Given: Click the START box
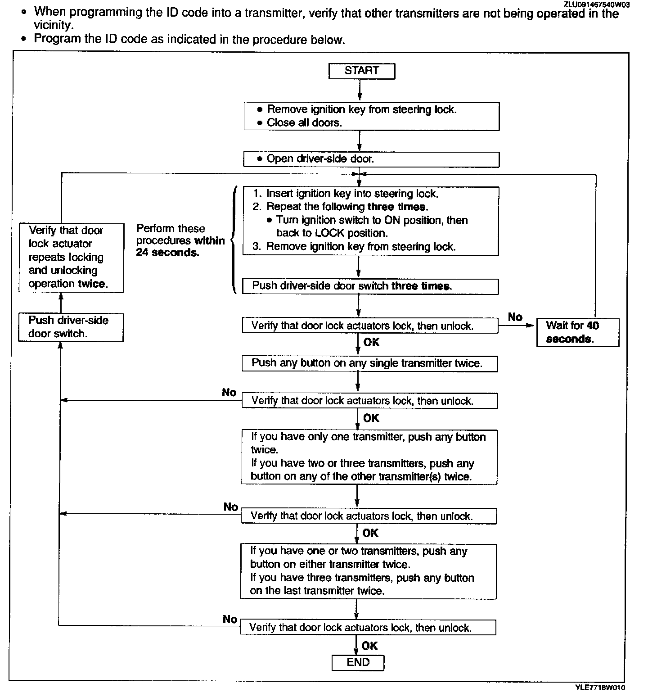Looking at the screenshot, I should coord(361,71).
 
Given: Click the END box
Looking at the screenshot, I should coord(358,662).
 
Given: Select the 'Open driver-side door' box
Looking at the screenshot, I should coord(371,159).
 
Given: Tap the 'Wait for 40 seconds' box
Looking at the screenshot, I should coord(577,332).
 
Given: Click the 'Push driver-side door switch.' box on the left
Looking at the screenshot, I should coord(71,327).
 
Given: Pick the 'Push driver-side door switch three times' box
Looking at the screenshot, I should coord(370,286).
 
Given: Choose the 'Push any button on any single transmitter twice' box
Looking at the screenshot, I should coord(369,363).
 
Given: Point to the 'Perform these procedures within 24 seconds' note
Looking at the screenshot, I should coord(180,240).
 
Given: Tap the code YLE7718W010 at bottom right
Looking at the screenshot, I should coord(600,688).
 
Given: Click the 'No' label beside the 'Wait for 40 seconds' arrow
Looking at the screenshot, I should coord(515,317).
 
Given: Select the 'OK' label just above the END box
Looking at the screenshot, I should coord(369,646).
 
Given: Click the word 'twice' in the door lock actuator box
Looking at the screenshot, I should coord(91,284).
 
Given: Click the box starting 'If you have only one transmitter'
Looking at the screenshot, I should coord(369,457).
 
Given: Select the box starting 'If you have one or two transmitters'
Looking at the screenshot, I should coord(368,571).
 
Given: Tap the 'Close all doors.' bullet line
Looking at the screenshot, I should coord(304,122).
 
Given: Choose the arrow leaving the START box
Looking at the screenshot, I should coord(360,90).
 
